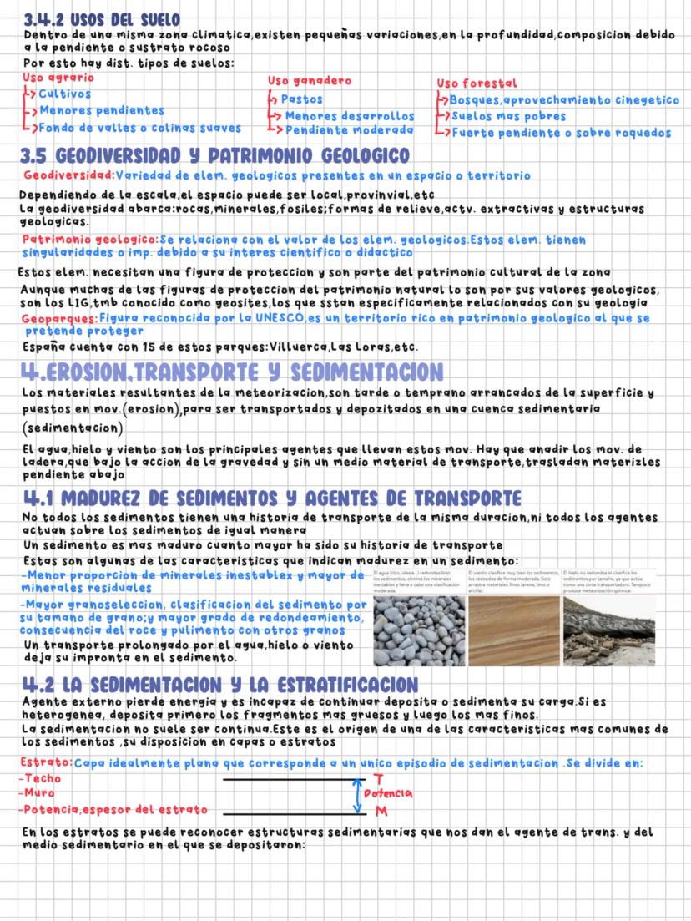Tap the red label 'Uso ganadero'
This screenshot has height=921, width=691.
coord(309,80)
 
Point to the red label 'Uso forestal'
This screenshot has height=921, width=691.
coord(477,83)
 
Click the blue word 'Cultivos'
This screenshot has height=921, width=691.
coord(65,94)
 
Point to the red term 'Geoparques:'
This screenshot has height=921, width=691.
coord(59,319)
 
